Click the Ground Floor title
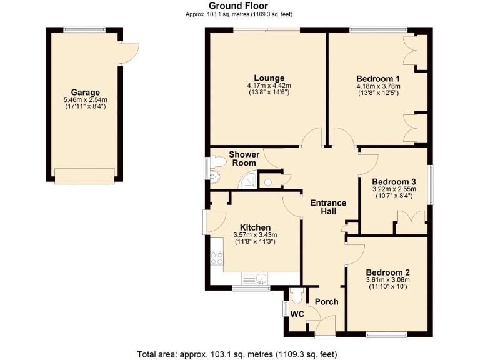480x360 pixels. click(239, 6)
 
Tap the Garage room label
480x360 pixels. click(85, 92)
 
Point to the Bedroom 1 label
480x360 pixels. click(378, 78)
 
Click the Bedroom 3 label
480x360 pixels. click(394, 181)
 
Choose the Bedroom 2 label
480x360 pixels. click(387, 272)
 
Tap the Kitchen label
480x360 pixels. click(255, 227)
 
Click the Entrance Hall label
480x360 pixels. click(329, 207)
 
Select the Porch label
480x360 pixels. click(326, 302)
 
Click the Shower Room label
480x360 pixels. click(244, 158)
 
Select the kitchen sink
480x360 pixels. click(259, 278)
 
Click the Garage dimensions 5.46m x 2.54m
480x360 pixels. click(85, 99)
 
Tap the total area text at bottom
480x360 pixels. click(239, 353)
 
